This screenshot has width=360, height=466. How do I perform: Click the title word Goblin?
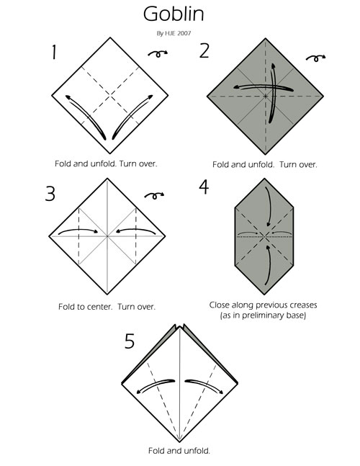174,14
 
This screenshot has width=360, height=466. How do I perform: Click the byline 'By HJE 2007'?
174,33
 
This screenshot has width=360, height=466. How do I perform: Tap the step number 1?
54,52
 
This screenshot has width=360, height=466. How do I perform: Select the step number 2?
204,50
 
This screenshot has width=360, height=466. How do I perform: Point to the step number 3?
50,194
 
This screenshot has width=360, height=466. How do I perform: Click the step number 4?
204,187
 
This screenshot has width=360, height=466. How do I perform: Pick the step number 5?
130,341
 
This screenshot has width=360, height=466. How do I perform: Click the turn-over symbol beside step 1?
158,53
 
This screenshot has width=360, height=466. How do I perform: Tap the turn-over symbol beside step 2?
315,58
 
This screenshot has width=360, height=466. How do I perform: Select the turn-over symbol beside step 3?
154,196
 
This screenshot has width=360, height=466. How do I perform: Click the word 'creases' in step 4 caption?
304,305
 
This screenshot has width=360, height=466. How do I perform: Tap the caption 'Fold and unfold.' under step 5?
179,451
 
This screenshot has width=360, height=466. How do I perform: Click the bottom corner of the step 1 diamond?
110,153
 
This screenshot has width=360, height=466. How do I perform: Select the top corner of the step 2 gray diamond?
265,38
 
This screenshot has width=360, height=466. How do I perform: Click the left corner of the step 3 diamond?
49,236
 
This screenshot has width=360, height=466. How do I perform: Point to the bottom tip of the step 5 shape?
180,442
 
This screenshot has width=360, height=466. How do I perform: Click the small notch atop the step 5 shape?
180,327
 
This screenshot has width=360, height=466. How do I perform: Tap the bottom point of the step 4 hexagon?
264,295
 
